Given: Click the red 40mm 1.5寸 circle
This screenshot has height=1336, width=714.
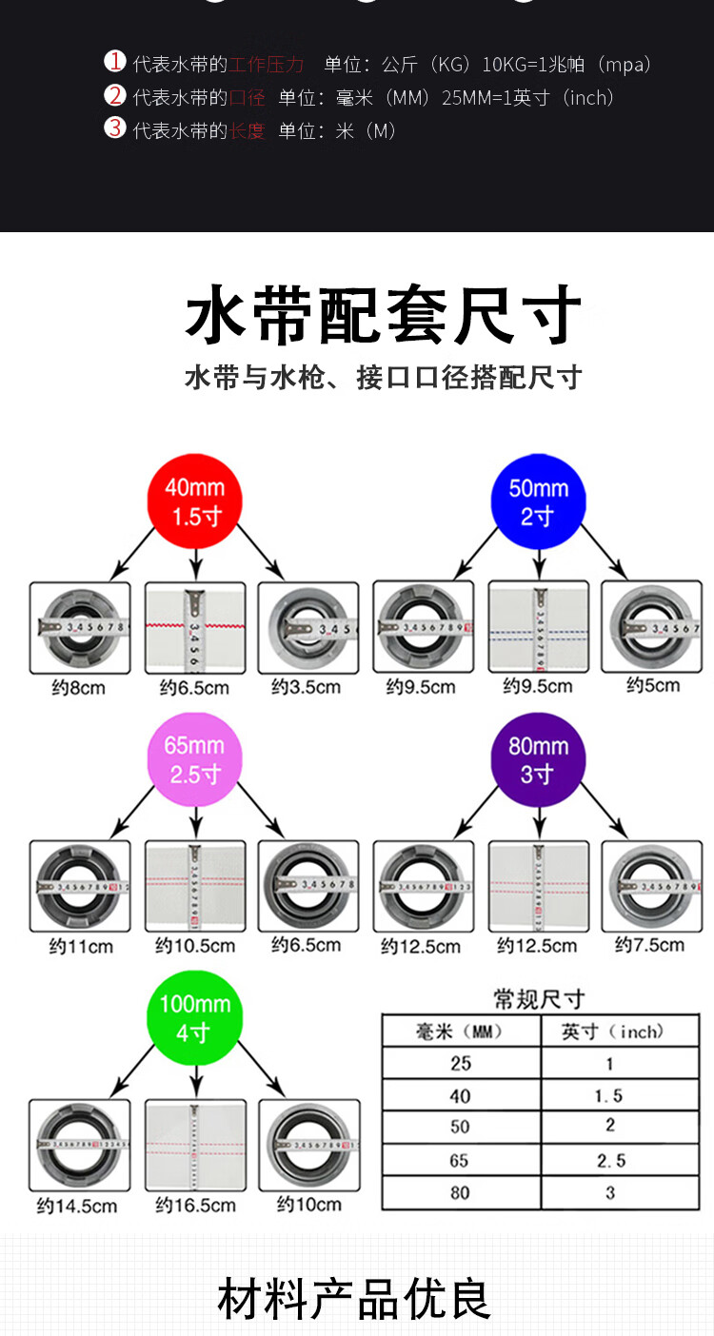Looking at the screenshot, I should pos(194,501).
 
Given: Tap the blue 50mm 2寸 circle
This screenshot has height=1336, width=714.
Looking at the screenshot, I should pos(538,501).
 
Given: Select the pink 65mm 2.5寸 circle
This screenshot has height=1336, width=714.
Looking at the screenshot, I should pos(194,759).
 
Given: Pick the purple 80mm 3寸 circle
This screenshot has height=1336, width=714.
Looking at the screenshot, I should pos(538,759).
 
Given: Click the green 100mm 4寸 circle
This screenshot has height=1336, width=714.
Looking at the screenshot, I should pos(194,1018).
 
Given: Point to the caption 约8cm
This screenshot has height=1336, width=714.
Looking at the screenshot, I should pos(78,687).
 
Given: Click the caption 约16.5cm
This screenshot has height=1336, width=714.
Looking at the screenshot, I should pos(195,1205).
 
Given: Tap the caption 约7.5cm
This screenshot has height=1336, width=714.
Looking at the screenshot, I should pos(649,945).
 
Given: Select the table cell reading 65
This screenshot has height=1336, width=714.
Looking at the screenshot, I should pos(461,1160).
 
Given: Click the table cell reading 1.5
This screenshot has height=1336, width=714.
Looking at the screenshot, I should pos(609,1096).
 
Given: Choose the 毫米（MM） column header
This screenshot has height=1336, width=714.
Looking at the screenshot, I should pos(461,1031).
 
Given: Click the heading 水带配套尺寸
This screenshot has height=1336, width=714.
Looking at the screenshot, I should pos(383,316).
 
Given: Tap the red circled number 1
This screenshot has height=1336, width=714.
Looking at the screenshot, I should pos(114,63).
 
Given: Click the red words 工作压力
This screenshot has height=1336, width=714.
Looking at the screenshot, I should pos(267,65).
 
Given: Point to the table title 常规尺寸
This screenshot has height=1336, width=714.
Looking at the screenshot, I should pos(539,999).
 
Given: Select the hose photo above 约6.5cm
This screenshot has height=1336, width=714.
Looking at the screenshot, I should pos(195,628).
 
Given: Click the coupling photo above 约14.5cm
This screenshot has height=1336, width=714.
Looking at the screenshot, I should pos(79,1145).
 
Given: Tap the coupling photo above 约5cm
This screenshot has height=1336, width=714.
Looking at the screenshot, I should pos(653,628).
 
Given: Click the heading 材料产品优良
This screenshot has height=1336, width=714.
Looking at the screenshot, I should pos(354,1299).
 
